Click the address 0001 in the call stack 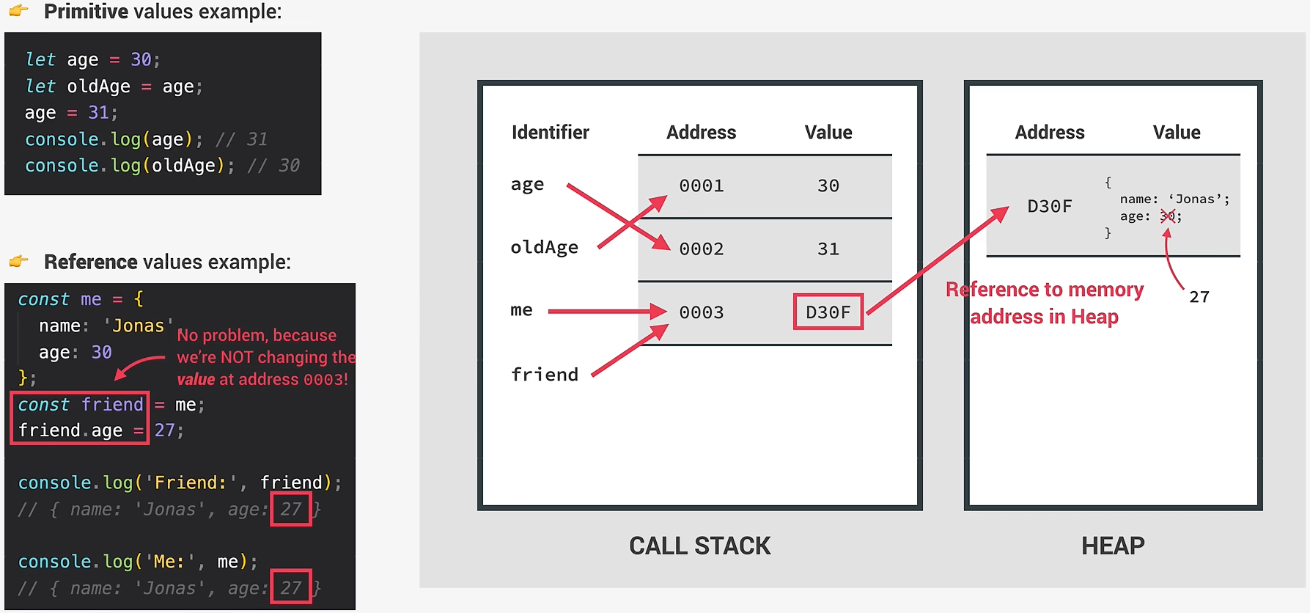[701, 186]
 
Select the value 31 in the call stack [828, 249]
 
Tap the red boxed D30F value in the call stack [828, 312]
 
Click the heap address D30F [1049, 207]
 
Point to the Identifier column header [550, 133]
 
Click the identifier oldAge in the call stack [544, 248]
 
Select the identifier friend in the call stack [545, 375]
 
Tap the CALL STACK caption [699, 546]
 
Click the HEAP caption [1112, 546]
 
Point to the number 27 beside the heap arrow [1199, 297]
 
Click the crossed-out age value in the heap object [1168, 216]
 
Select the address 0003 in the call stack [701, 312]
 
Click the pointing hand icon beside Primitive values [19, 10]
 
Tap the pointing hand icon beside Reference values [19, 261]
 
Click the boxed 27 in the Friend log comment [291, 509]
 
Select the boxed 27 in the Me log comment [291, 587]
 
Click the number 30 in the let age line [141, 59]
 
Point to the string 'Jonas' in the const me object [138, 326]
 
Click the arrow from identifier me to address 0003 [606, 312]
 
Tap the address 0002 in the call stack [701, 249]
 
